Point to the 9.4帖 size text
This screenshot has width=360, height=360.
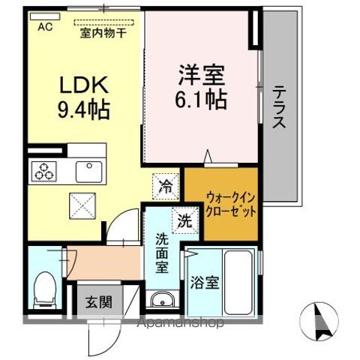coord(82,110)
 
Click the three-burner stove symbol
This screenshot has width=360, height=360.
coord(43,172)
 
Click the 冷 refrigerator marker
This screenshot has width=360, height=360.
coord(164,187)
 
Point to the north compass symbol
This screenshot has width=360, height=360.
coord(322,319)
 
